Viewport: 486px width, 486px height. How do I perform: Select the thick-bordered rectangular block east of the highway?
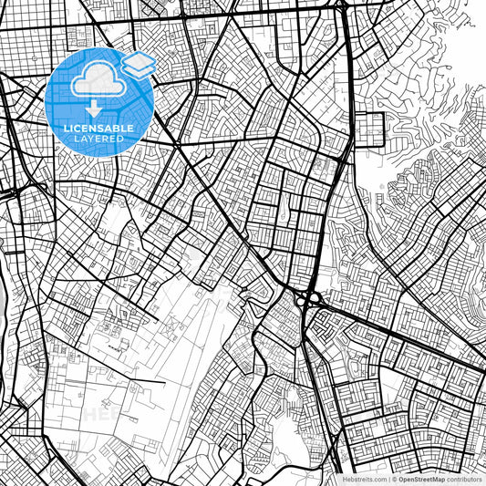point(371,129)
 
